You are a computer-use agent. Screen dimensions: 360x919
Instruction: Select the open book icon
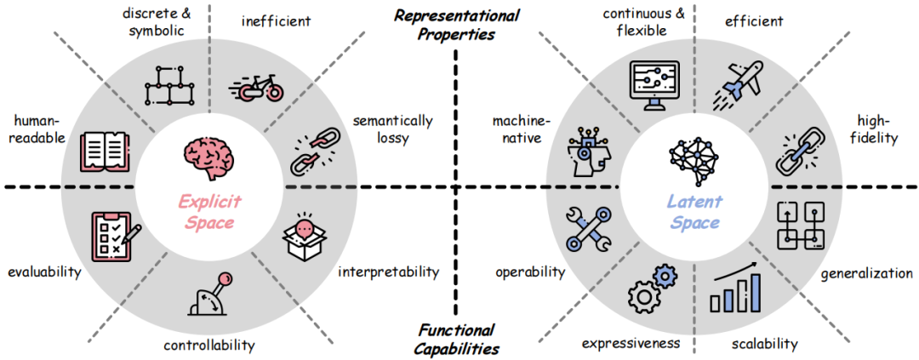[105, 150]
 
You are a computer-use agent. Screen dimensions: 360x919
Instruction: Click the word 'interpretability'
[388, 272]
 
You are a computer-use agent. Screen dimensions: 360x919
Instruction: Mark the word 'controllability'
[208, 345]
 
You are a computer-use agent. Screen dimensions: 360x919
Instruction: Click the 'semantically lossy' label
[393, 129]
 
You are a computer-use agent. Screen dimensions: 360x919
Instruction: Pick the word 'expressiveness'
[631, 343]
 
